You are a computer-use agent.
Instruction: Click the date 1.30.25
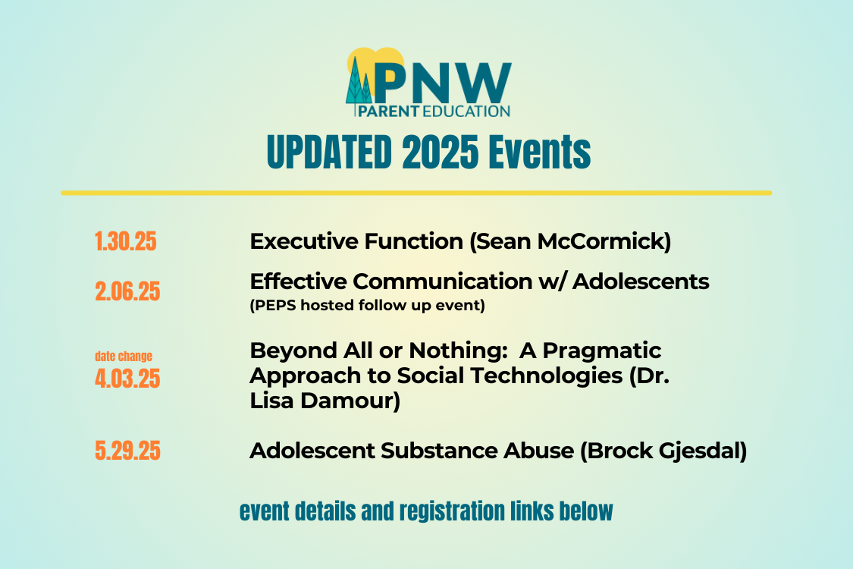(x=126, y=242)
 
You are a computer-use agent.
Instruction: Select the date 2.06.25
(x=127, y=292)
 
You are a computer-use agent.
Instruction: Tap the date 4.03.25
(x=127, y=378)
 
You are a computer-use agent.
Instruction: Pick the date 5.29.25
(x=127, y=451)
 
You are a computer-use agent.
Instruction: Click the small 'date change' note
(x=124, y=356)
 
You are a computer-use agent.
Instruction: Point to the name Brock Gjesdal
(x=664, y=451)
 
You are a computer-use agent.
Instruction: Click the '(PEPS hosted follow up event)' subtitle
(x=367, y=307)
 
